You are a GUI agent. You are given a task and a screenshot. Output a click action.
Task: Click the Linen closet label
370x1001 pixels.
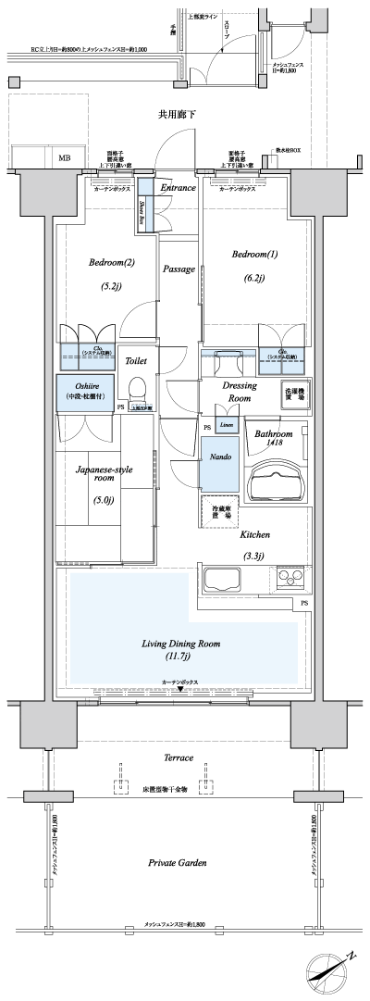(228, 425)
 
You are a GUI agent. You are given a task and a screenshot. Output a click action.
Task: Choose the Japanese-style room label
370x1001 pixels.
(104, 475)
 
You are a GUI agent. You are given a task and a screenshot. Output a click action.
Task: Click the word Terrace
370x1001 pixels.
(179, 757)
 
